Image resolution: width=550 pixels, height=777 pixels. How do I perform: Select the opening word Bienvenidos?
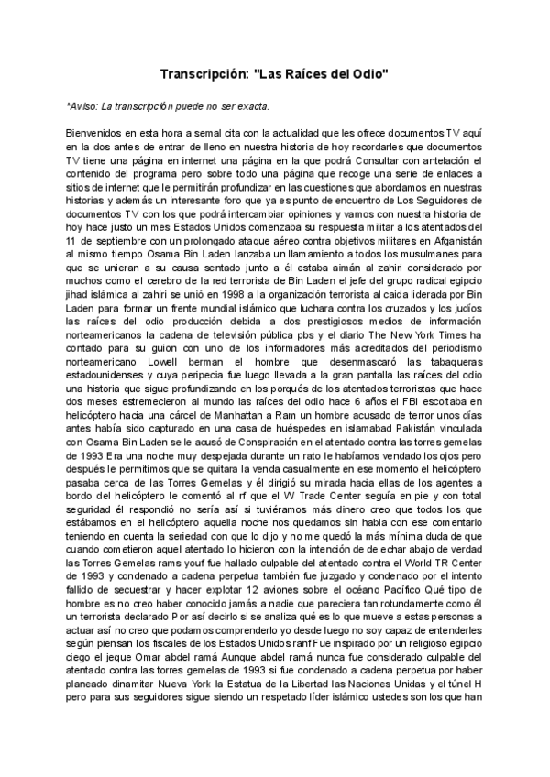tap(97, 134)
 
